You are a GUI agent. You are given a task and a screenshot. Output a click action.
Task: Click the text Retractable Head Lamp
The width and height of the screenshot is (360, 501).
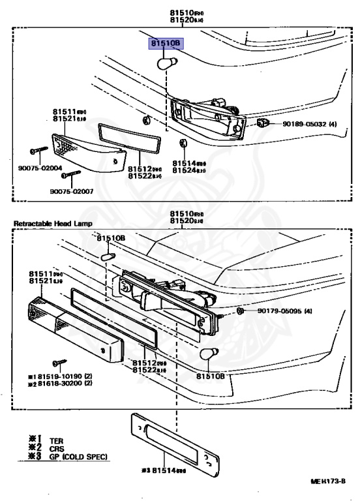[53, 224]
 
